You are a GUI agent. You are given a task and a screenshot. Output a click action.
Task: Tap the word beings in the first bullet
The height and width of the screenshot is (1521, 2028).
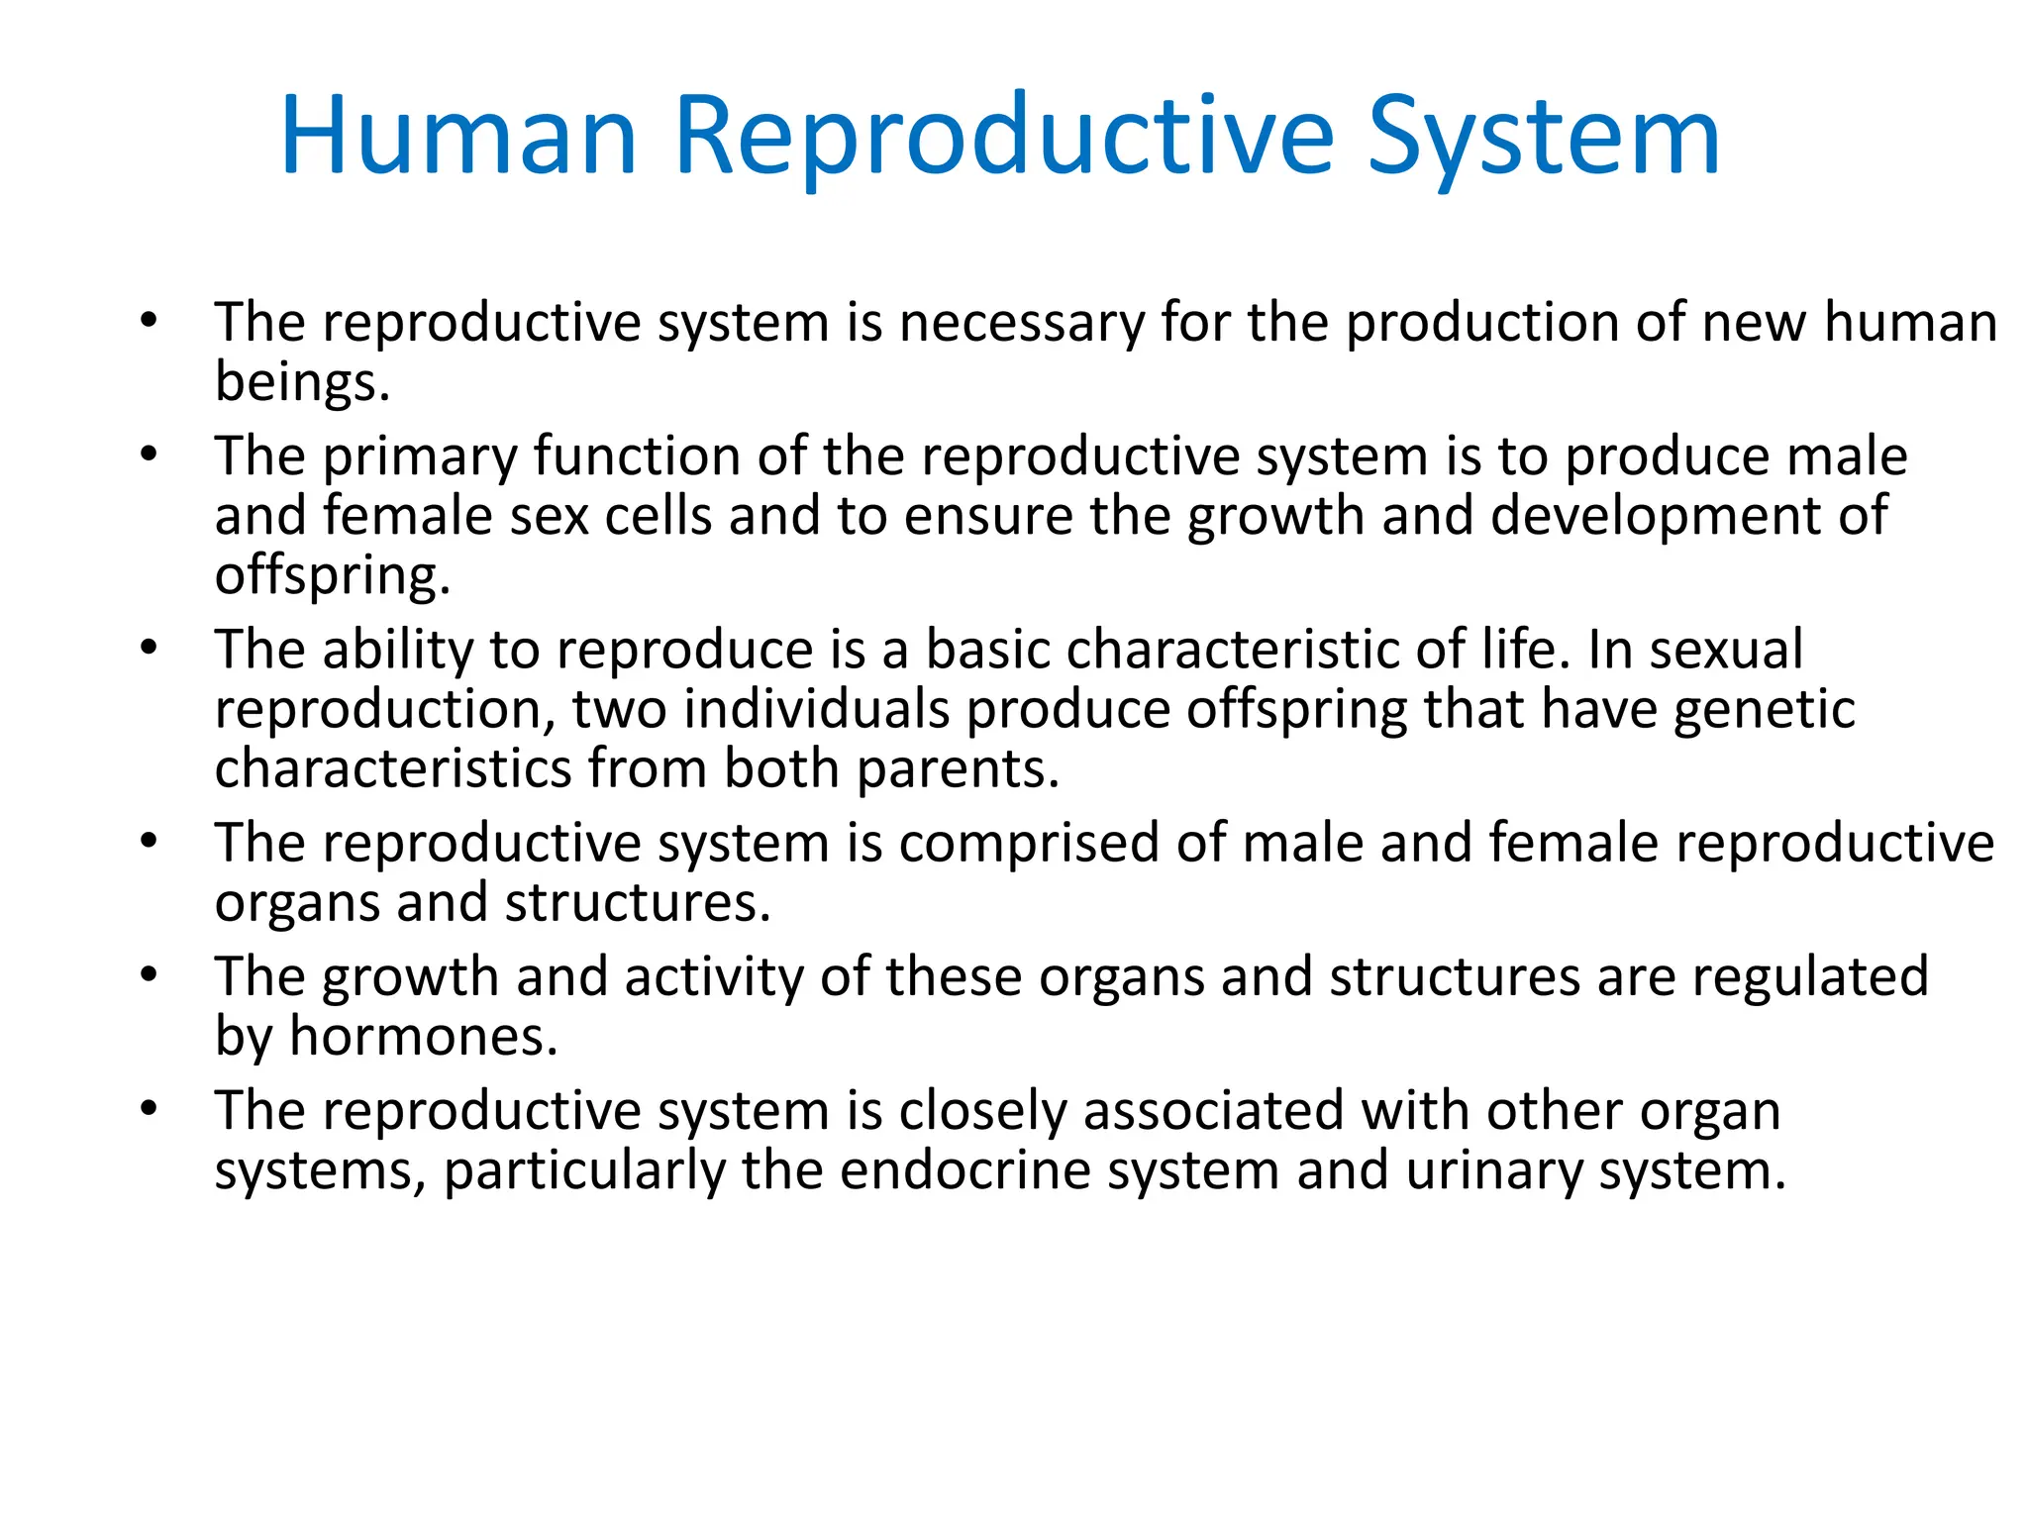point(301,382)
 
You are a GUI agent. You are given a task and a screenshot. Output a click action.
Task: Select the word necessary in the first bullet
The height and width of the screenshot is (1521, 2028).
point(1021,324)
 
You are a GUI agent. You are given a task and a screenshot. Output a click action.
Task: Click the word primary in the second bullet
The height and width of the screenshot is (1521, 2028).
point(420,458)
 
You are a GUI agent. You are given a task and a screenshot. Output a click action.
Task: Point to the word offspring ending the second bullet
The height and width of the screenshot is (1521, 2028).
point(332,576)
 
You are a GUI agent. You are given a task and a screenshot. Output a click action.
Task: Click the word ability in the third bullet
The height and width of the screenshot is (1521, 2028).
point(398,651)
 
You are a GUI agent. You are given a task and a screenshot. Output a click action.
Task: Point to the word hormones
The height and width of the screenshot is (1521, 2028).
point(423,1037)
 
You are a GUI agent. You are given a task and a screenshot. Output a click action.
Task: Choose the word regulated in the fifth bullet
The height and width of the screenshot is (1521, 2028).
point(1810,978)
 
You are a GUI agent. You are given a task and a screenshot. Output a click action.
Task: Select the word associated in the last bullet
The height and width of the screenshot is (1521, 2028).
point(1212,1111)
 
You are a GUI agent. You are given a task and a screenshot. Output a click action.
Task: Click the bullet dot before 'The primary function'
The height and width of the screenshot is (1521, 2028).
point(149,456)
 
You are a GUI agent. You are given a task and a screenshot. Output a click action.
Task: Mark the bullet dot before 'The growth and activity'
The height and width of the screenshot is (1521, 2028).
point(149,975)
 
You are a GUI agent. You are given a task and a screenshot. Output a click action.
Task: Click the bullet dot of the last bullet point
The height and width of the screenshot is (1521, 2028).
point(149,1109)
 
